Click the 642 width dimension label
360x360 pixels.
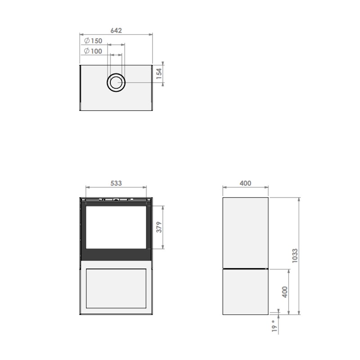[x=116, y=30]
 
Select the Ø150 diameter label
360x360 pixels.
[x=93, y=40]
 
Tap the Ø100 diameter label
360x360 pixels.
[x=93, y=51]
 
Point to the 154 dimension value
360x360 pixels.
[x=159, y=74]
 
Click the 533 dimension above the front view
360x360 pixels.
[x=116, y=183]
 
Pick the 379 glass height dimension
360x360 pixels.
[x=159, y=227]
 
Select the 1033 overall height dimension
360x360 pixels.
[x=295, y=256]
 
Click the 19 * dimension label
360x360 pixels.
[x=274, y=326]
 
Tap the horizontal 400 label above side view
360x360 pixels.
[x=245, y=183]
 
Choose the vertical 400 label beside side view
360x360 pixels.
[x=285, y=292]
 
